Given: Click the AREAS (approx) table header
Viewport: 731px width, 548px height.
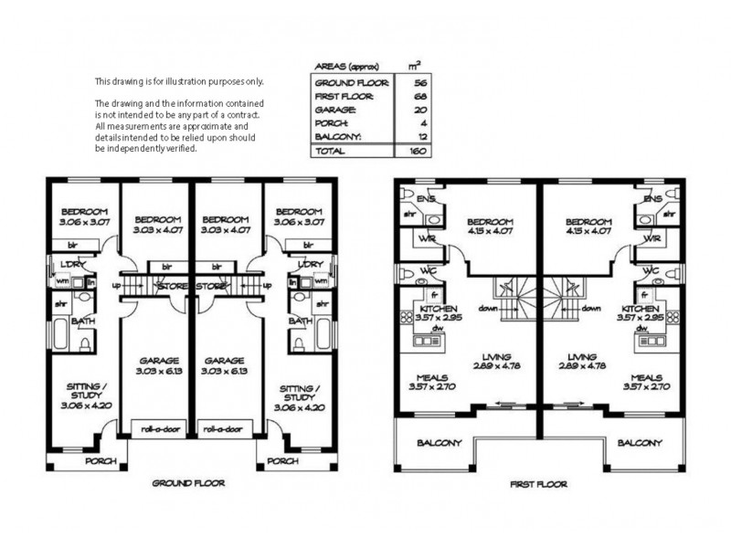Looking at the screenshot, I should click(344, 67).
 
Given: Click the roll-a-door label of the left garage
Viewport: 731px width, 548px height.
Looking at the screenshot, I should click(154, 427).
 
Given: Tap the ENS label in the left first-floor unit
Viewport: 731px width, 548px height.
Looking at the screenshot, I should click(426, 198).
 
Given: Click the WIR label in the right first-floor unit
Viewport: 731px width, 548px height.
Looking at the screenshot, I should click(651, 239).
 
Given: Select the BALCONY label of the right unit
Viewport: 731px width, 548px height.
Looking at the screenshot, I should click(639, 443).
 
